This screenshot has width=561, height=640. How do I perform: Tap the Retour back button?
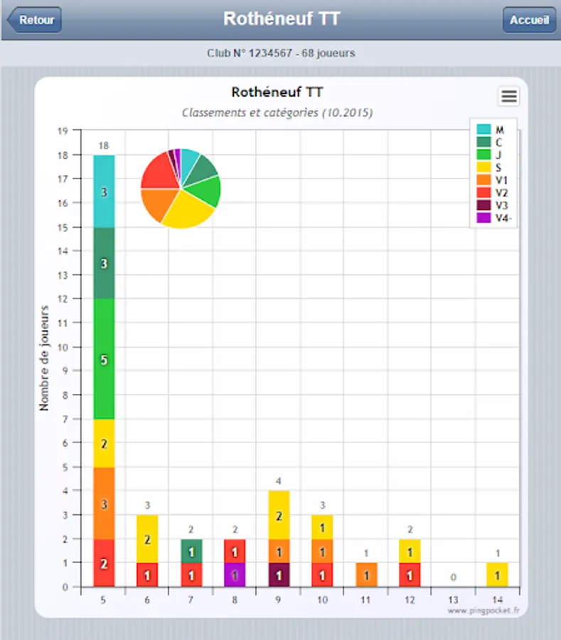(34, 20)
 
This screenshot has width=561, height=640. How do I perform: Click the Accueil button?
(529, 20)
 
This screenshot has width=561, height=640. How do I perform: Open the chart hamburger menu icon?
(509, 97)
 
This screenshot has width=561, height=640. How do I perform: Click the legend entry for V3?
(492, 206)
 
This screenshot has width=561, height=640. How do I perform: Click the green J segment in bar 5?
(104, 358)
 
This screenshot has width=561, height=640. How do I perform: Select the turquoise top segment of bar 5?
(104, 191)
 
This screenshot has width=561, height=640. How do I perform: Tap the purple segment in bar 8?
(235, 575)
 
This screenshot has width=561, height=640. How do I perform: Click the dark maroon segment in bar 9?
(279, 575)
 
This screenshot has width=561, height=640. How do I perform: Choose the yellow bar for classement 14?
(497, 575)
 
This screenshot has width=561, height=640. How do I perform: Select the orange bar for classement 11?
(366, 575)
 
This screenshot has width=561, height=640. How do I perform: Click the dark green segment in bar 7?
(191, 551)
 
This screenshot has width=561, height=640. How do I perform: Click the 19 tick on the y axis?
(63, 131)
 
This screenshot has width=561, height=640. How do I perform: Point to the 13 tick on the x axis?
(454, 600)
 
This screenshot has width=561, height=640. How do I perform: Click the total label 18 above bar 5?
(104, 146)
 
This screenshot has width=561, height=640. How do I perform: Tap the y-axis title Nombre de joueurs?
(44, 358)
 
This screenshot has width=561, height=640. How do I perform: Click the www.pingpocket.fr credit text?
(483, 610)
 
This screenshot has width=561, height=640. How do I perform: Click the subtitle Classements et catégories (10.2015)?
(277, 112)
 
